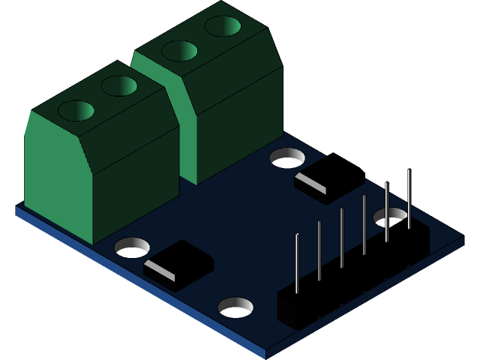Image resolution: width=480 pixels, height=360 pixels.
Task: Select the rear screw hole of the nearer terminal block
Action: [119, 85]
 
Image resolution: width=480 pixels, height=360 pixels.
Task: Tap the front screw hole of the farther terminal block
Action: [180, 51]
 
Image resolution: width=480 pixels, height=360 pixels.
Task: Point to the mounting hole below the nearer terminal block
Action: [133, 246]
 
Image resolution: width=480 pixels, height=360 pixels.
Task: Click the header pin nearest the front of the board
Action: [297, 262]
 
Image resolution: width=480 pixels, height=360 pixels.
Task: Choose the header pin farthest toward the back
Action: [409, 199]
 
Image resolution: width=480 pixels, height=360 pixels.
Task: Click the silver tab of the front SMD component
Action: [159, 271]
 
